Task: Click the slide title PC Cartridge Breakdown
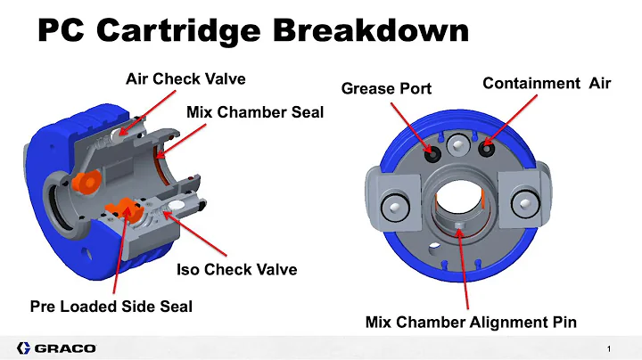point(252,32)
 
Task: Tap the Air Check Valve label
point(185,78)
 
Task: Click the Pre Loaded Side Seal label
point(111,306)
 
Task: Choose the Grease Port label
point(386,88)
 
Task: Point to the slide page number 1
point(606,347)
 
